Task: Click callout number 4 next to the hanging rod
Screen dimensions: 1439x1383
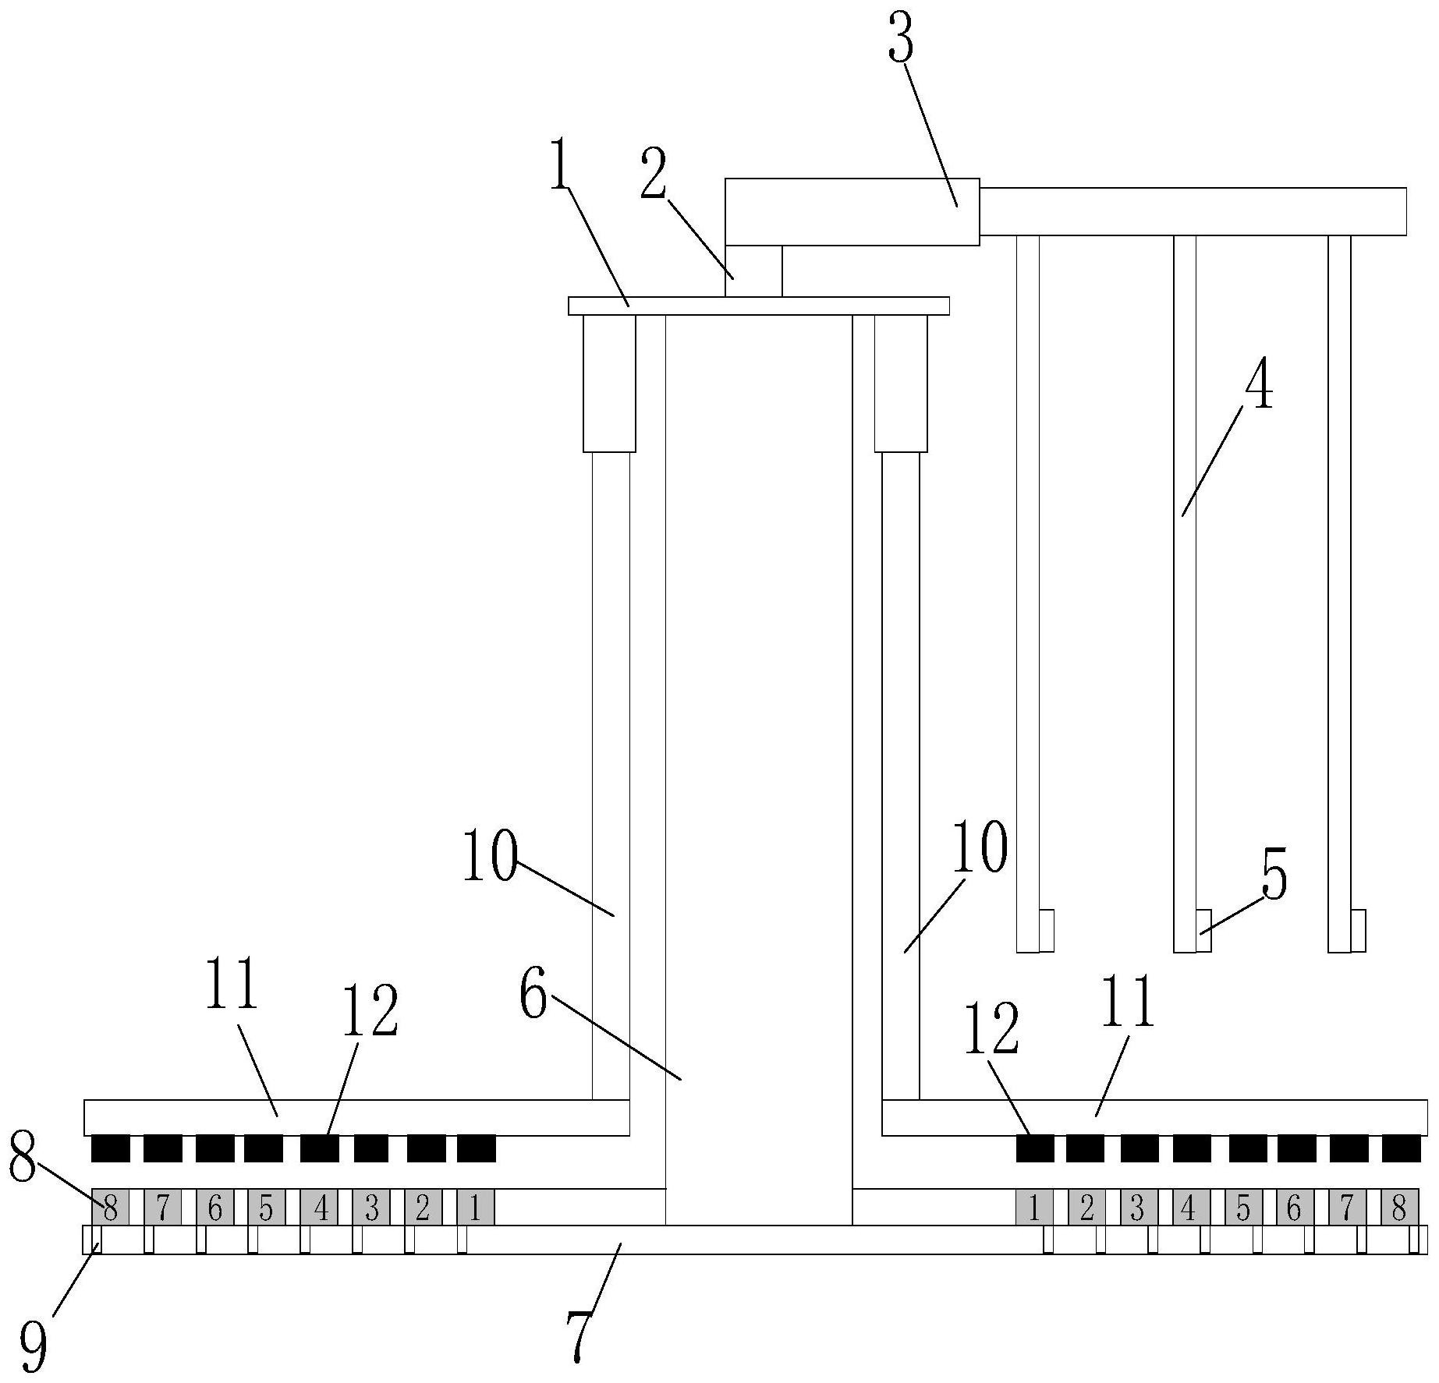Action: point(1258,387)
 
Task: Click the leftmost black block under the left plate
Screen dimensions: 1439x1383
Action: point(111,1148)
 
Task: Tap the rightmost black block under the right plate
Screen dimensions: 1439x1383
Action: point(1401,1148)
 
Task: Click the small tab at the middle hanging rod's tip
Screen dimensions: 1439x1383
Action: point(1203,930)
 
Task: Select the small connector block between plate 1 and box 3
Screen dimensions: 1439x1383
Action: point(753,271)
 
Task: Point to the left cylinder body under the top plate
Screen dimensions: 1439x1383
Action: point(610,384)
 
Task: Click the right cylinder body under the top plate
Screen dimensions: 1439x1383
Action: point(901,384)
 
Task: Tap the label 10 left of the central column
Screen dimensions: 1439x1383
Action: point(490,856)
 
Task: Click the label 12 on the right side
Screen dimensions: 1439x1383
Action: point(992,1029)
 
